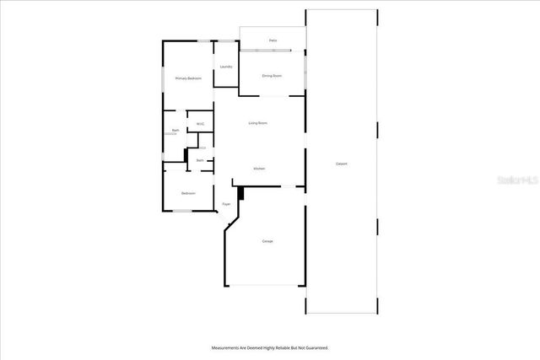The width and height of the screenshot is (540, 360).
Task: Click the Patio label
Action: pos(273,40)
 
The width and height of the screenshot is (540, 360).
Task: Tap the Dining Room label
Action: pos(272,76)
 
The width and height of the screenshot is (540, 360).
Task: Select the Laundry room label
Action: pos(226,67)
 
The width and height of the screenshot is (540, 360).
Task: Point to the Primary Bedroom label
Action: pos(188,78)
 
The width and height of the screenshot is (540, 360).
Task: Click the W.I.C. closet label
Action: pos(201,124)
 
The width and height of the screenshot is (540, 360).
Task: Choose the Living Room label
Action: pos(258,124)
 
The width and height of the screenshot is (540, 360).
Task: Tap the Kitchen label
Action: pos(259,169)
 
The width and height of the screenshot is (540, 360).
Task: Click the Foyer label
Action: pos(226,204)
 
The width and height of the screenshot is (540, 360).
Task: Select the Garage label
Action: pos(267,241)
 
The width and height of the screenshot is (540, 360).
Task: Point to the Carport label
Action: pos(342,164)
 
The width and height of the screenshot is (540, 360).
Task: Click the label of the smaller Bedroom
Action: pos(188,193)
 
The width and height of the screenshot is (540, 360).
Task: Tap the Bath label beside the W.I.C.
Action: pos(175,130)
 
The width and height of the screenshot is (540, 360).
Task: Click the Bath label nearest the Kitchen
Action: pos(200,160)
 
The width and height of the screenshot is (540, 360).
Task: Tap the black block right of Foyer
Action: pos(241,194)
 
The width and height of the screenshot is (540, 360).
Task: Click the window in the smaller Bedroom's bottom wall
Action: pos(183,211)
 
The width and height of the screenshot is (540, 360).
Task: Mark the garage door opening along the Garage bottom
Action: pos(262,285)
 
